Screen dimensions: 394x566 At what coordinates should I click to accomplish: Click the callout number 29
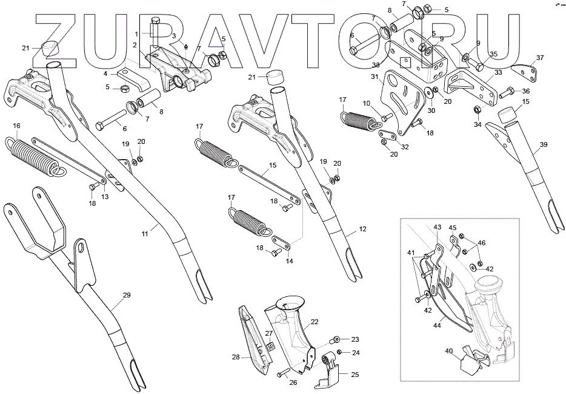pyautogui.click(x=127, y=295)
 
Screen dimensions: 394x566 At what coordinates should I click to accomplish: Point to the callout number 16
pyautogui.click(x=16, y=126)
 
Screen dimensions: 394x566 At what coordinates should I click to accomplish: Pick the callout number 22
pyautogui.click(x=315, y=321)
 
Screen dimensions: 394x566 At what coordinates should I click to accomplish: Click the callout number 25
pyautogui.click(x=355, y=375)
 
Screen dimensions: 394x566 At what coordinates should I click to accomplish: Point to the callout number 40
pyautogui.click(x=449, y=350)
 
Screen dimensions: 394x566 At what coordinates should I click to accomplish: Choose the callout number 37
pyautogui.click(x=540, y=58)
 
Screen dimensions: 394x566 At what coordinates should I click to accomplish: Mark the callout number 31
pyautogui.click(x=375, y=76)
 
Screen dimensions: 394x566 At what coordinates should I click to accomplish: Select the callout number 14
pyautogui.click(x=290, y=261)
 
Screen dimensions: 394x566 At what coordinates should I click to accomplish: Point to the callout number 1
pyautogui.click(x=137, y=33)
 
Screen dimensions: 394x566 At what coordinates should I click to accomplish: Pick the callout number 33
pyautogui.click(x=498, y=72)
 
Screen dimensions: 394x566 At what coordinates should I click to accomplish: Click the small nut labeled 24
pyautogui.click(x=340, y=352)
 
